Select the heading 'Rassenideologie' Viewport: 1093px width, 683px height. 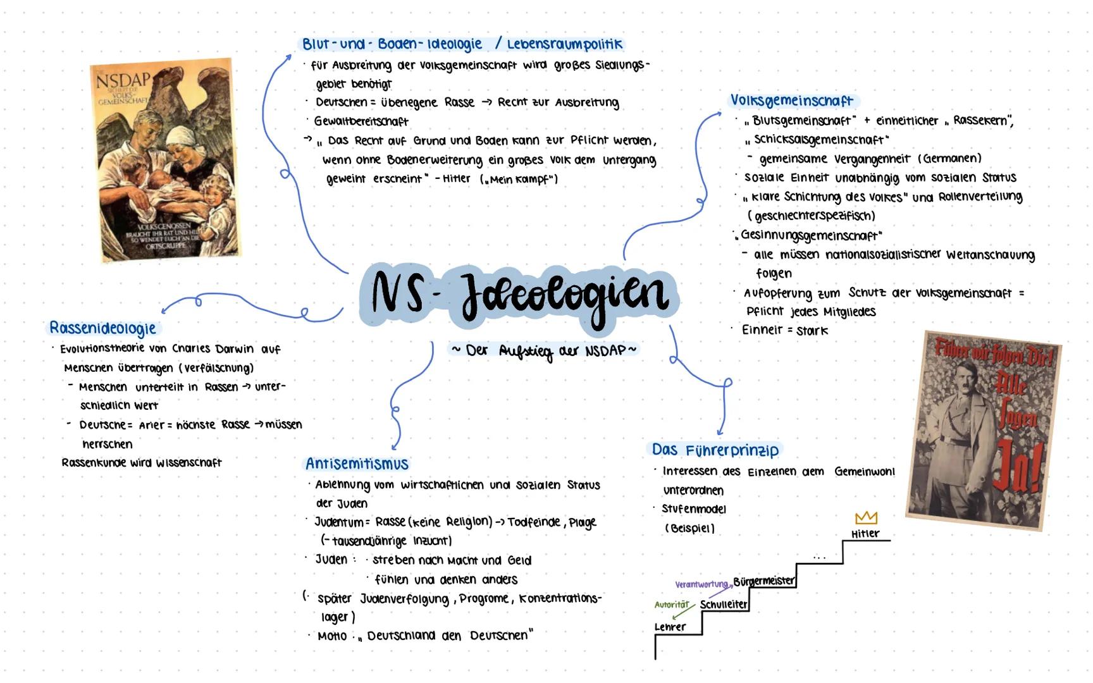point(102,328)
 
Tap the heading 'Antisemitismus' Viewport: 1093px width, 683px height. point(357,464)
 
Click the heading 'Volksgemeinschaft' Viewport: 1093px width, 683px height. point(791,101)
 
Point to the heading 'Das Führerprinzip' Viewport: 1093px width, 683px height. point(715,450)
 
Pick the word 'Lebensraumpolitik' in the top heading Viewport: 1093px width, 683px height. point(565,44)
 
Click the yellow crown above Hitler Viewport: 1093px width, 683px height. point(866,518)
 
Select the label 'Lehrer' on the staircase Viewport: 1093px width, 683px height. point(670,627)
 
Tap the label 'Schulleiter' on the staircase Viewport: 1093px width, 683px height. point(724,604)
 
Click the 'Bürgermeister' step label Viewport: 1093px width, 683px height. point(763,581)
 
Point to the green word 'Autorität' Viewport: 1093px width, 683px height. point(671,605)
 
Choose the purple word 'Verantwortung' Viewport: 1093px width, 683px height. point(701,584)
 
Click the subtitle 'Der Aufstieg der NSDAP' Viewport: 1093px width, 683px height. point(545,350)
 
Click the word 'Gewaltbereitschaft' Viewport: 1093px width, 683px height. point(361,121)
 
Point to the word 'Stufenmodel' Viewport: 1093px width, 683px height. point(694,509)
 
